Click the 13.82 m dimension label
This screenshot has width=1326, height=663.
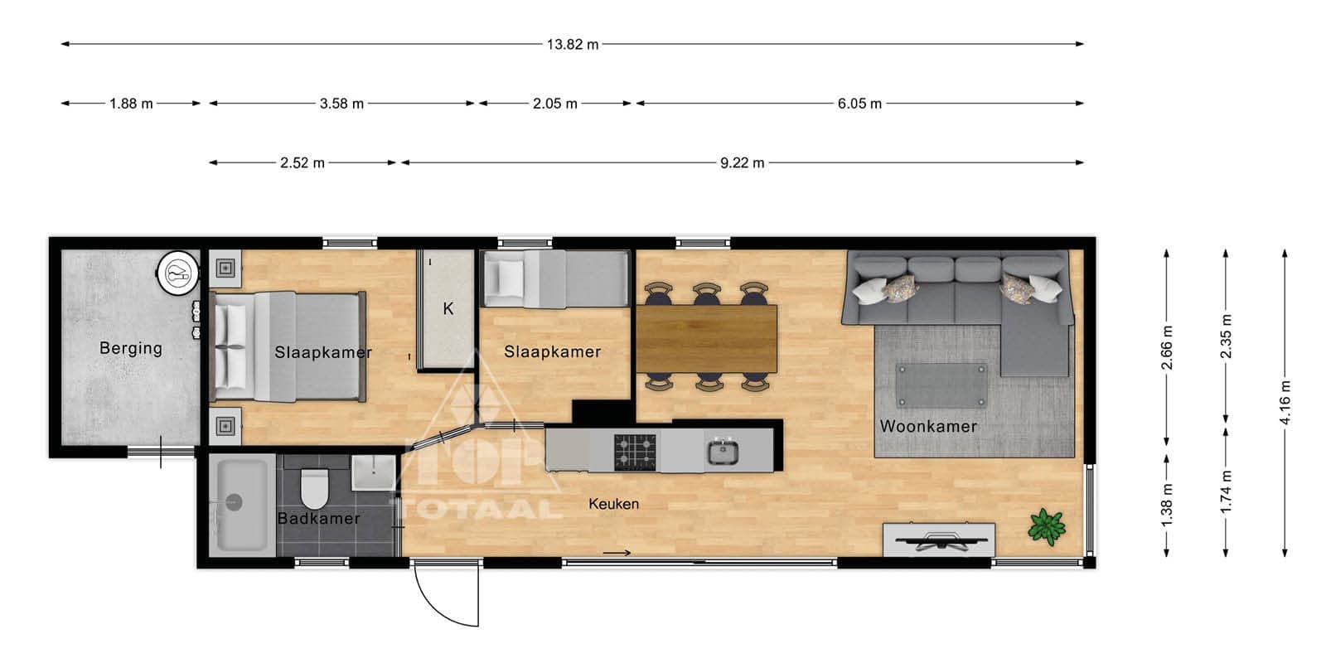click(573, 45)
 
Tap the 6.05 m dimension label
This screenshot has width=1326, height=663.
click(859, 104)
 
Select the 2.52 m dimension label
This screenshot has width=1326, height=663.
click(302, 162)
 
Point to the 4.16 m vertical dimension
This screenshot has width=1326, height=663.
click(1285, 403)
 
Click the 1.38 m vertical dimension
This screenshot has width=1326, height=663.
click(1167, 505)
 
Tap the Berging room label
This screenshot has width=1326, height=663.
click(131, 348)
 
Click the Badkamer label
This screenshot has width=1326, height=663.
click(318, 519)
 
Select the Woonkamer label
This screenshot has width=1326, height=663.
click(928, 426)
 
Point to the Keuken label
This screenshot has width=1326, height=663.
click(614, 504)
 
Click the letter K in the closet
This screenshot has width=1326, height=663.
click(448, 308)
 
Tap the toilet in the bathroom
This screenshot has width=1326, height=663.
click(314, 489)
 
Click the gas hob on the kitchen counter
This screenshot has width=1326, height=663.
click(635, 452)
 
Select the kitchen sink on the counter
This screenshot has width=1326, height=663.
click(723, 452)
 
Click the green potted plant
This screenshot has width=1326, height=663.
click(1048, 526)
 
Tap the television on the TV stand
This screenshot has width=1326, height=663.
click(941, 540)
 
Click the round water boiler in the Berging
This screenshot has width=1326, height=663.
click(177, 273)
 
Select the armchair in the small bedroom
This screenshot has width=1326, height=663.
click(504, 278)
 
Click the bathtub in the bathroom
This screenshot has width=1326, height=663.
click(242, 505)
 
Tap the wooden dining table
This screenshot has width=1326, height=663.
click(707, 339)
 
